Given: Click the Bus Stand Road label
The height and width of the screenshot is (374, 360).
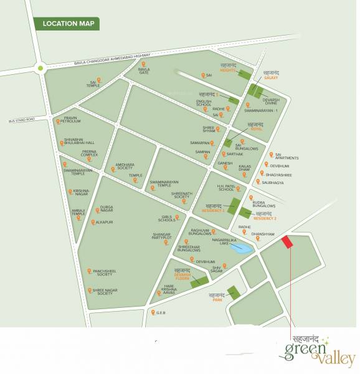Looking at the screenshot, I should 22,118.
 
